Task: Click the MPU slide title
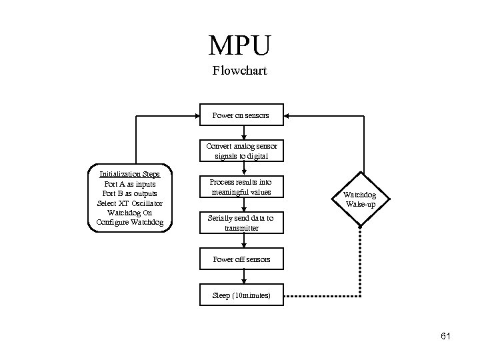(x=240, y=45)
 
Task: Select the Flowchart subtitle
(x=240, y=70)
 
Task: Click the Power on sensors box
(x=241, y=115)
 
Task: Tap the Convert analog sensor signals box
(x=241, y=151)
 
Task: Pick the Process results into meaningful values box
(x=241, y=187)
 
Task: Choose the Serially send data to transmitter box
(x=241, y=223)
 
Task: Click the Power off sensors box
(x=241, y=259)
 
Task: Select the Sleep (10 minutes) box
(x=241, y=295)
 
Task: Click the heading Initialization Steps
(x=130, y=174)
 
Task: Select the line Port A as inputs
(x=130, y=183)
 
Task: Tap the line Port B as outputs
(x=130, y=193)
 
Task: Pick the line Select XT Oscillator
(x=130, y=203)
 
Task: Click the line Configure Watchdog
(x=130, y=222)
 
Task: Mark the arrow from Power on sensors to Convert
(x=244, y=133)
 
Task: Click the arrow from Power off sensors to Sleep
(x=244, y=277)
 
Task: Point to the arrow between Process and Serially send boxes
(x=244, y=205)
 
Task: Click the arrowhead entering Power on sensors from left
(x=197, y=115)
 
